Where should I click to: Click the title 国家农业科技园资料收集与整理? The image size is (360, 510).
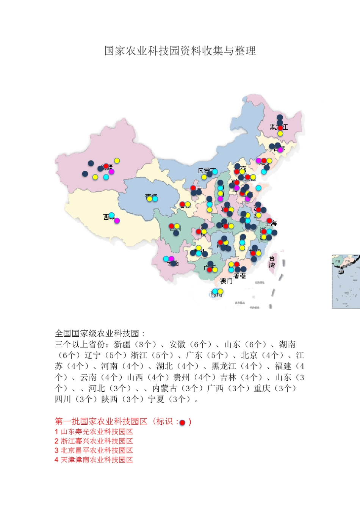coord(180,50)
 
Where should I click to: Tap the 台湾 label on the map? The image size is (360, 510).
coord(272,262)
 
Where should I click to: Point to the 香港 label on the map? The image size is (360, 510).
coord(239,276)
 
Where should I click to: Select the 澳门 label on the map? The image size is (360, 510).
coord(226,281)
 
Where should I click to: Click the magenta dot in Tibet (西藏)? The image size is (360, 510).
coord(117,220)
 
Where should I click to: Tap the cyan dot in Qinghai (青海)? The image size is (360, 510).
coord(155,198)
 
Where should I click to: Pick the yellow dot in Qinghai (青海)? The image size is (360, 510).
coord(149,198)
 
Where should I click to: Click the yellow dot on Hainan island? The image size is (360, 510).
coord(220,291)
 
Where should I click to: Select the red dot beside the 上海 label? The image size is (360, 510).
coord(269,221)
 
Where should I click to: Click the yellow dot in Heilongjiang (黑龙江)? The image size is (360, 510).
coord(280,133)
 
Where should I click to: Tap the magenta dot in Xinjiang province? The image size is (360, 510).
coord(111,172)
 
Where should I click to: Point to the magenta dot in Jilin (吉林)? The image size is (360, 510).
coord(280,149)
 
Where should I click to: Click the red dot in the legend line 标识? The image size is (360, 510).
coord(182,422)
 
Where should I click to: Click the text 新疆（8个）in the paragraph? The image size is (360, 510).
coord(135,344)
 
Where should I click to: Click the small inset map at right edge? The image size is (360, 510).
coord(346,281)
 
